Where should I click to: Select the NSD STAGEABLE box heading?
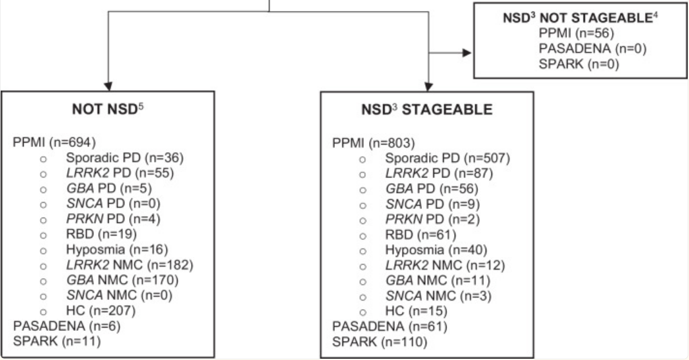pos(426,110)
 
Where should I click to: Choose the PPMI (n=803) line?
pos(366,142)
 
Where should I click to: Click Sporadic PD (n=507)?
pos(447,157)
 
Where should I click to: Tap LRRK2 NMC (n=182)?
pos(129,264)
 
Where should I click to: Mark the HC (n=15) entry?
pos(414,310)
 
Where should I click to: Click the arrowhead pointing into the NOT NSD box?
pos(108,86)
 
